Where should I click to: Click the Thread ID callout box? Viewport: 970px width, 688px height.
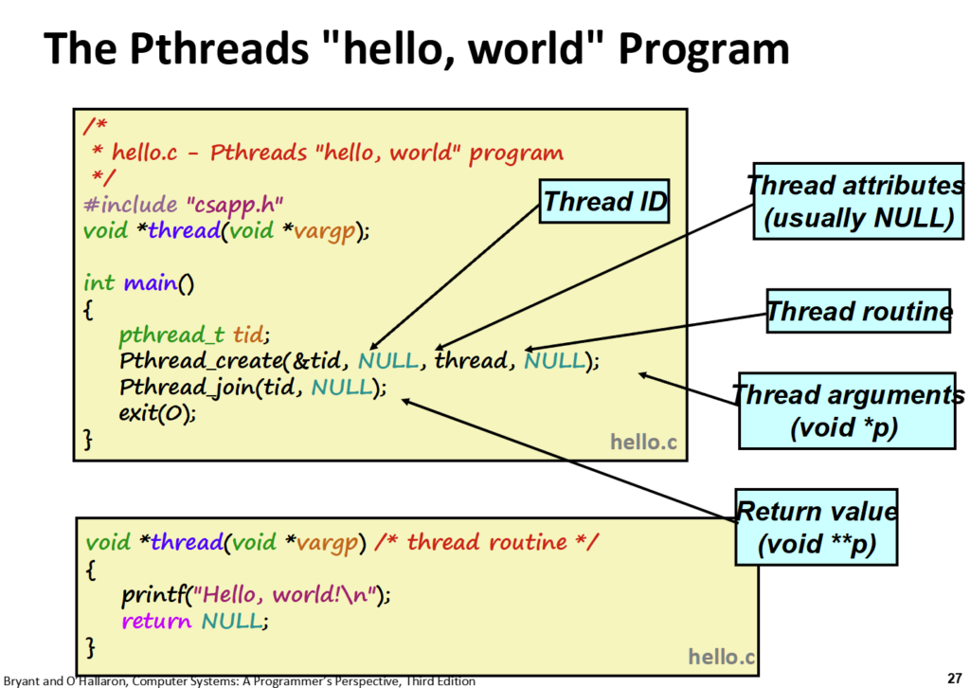(x=603, y=201)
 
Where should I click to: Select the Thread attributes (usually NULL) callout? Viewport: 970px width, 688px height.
(x=858, y=201)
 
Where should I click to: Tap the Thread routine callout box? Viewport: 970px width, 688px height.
(x=858, y=311)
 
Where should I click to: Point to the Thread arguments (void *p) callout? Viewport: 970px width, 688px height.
(x=847, y=411)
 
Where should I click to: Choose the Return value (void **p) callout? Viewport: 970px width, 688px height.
(x=817, y=527)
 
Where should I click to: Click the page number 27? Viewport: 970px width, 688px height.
(x=955, y=679)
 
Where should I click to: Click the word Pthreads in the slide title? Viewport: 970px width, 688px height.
(x=219, y=48)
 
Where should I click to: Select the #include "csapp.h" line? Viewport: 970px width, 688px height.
(x=183, y=205)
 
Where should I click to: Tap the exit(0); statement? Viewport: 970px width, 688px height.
(x=158, y=412)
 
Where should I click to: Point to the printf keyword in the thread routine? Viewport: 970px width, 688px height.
(x=153, y=595)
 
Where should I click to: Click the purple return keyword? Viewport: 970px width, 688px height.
(x=156, y=621)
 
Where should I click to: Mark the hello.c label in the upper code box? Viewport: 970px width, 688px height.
(x=643, y=442)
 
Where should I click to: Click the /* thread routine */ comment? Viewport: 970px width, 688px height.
(x=486, y=542)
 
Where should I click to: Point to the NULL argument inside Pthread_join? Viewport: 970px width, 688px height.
(x=343, y=388)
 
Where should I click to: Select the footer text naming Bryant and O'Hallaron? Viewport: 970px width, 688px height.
(x=240, y=680)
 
